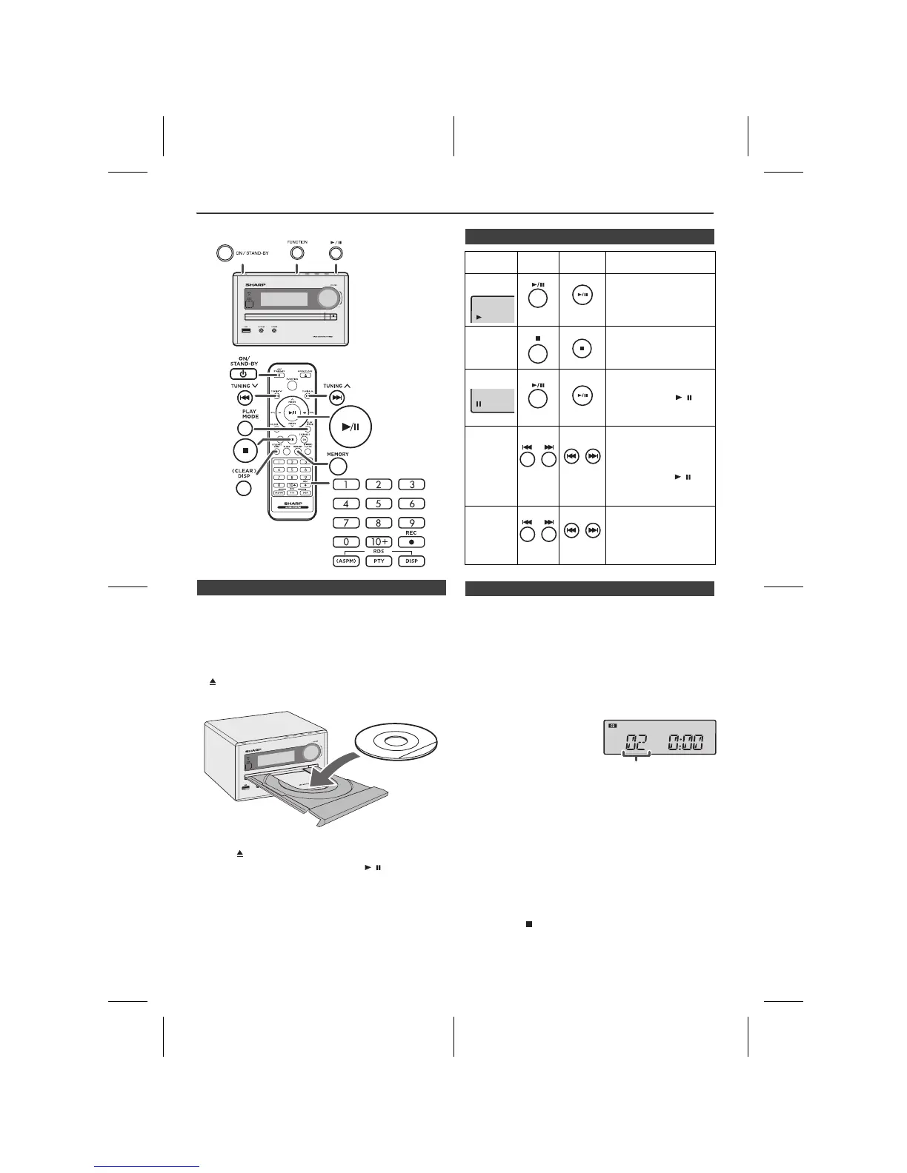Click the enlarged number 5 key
click(x=378, y=504)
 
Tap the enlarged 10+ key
click(x=378, y=542)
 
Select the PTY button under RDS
click(x=378, y=561)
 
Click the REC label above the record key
click(x=411, y=532)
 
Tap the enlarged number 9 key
click(x=411, y=523)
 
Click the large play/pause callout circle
click(x=350, y=427)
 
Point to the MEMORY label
click(x=337, y=455)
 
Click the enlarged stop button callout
click(x=245, y=450)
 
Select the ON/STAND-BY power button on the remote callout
click(x=243, y=374)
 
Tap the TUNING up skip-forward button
click(x=337, y=398)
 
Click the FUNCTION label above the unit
click(x=297, y=242)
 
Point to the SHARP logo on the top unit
click(x=255, y=284)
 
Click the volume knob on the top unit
click(x=326, y=298)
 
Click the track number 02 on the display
click(x=635, y=743)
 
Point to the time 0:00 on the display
click(x=685, y=743)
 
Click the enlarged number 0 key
click(x=345, y=542)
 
